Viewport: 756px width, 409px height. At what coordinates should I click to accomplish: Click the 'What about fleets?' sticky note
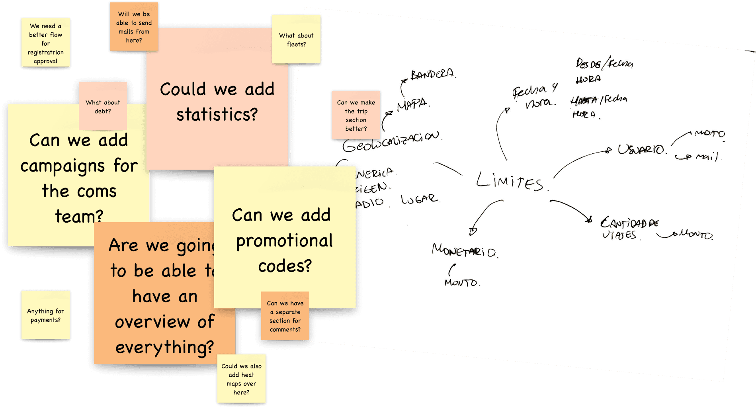point(296,39)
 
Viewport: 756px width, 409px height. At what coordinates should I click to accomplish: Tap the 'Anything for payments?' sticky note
point(45,315)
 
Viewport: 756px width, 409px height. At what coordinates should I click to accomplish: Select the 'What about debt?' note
point(103,106)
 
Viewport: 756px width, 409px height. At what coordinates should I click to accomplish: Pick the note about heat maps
point(241,379)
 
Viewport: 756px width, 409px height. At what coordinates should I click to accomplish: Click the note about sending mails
point(134,27)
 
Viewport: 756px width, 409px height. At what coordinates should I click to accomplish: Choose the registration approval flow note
point(45,43)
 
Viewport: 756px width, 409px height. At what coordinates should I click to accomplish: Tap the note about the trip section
point(356,115)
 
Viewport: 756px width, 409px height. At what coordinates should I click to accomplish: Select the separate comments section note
point(285,316)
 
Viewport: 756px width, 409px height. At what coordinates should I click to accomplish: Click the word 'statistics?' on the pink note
point(217,115)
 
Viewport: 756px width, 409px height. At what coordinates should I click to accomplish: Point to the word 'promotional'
point(284,241)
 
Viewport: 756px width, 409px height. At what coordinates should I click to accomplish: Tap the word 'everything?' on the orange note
point(164,347)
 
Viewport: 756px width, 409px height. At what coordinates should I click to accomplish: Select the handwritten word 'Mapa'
point(412,105)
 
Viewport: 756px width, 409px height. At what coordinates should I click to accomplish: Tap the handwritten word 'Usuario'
point(641,150)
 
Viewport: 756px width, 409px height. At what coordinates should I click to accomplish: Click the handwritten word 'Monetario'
point(464,251)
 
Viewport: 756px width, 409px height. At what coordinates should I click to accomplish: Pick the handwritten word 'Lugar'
point(420,199)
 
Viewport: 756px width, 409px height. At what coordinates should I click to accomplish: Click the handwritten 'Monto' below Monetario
point(462,283)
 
